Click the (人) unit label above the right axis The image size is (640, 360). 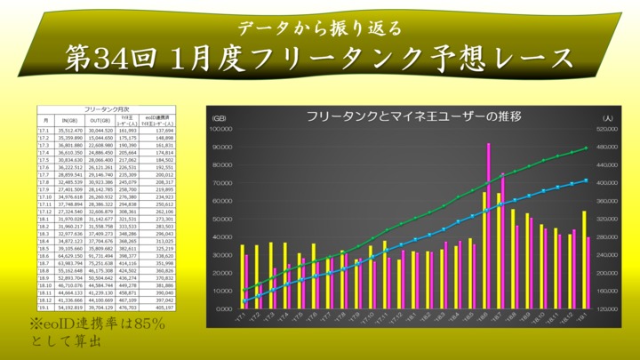click(604, 117)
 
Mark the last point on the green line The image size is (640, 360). click(586, 148)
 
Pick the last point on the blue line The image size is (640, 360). click(586, 180)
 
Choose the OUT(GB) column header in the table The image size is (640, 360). click(99, 120)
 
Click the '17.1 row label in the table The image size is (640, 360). click(44, 131)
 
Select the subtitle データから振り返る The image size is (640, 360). click(320, 26)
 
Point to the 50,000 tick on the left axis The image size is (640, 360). click(220, 219)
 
